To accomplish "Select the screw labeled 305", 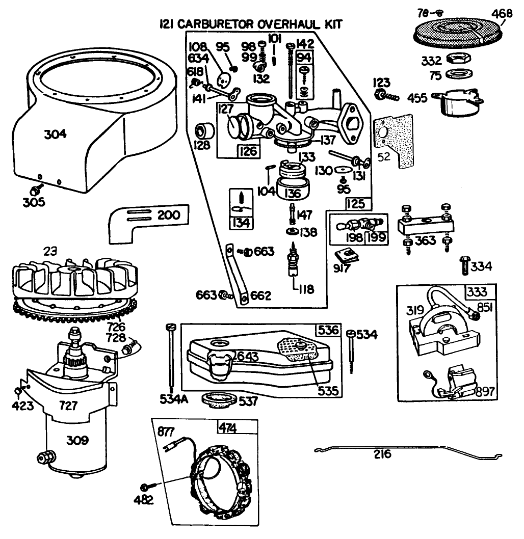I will point(36,190).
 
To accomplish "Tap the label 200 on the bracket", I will point(168,215).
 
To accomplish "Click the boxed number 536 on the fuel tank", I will point(329,329).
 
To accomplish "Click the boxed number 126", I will point(249,151).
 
